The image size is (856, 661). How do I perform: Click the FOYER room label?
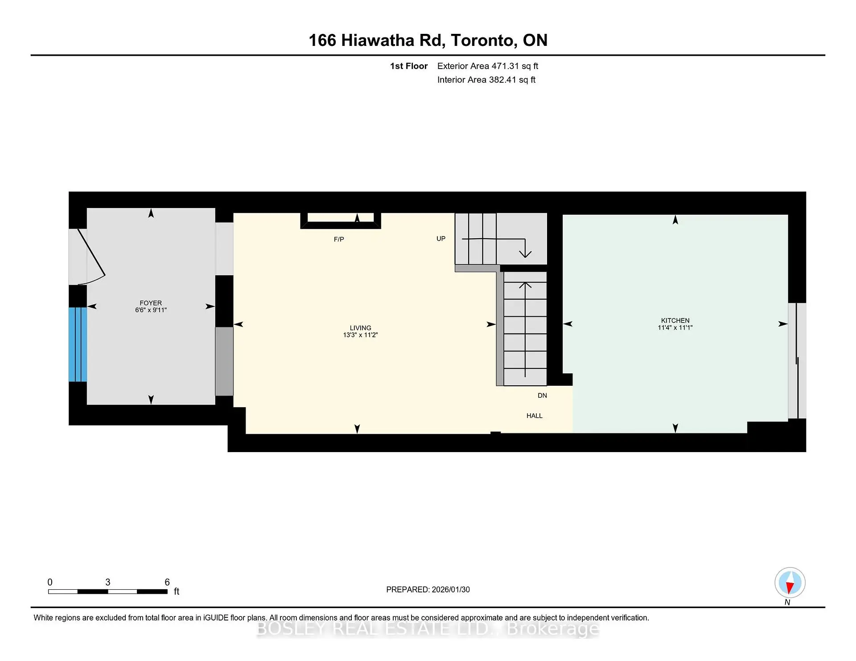coord(151,303)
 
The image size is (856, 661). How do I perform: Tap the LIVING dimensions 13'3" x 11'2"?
coord(360,335)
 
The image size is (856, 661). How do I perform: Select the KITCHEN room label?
coord(675,320)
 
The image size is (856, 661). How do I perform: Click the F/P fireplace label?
coord(339,239)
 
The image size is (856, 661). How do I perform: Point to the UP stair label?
coord(441,238)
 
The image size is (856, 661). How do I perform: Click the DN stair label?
coord(542,396)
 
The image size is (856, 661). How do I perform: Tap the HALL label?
coord(534,416)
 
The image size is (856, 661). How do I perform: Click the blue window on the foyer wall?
coord(78,344)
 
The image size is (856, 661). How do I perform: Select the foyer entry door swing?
coord(91,256)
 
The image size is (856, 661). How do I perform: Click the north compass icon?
coord(790,583)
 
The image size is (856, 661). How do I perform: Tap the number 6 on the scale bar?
coord(167,582)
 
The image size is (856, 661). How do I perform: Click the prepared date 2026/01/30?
coord(450,589)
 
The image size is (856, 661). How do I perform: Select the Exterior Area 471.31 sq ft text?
coord(487,66)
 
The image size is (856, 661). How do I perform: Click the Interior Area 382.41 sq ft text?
coord(486,80)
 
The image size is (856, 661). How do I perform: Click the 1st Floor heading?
coord(408,66)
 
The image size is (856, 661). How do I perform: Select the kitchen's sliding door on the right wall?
coord(797,361)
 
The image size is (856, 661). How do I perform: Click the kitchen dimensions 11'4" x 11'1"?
coord(675,327)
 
